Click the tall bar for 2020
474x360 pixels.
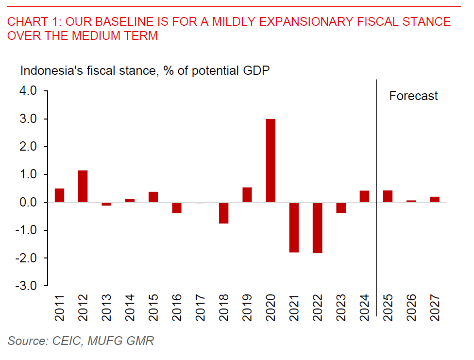[271, 161]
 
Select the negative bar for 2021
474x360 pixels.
[294, 227]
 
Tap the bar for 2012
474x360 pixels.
[83, 187]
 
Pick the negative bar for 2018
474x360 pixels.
[223, 213]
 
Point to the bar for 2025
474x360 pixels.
[388, 196]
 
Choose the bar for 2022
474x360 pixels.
[318, 228]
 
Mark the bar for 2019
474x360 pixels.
[247, 194]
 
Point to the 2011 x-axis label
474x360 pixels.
[59, 307]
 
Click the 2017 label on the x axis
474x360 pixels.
[200, 307]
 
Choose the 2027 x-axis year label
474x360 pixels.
[435, 307]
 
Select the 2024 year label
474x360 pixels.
[364, 307]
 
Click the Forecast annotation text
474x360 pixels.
[413, 96]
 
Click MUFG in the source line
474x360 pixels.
[103, 341]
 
